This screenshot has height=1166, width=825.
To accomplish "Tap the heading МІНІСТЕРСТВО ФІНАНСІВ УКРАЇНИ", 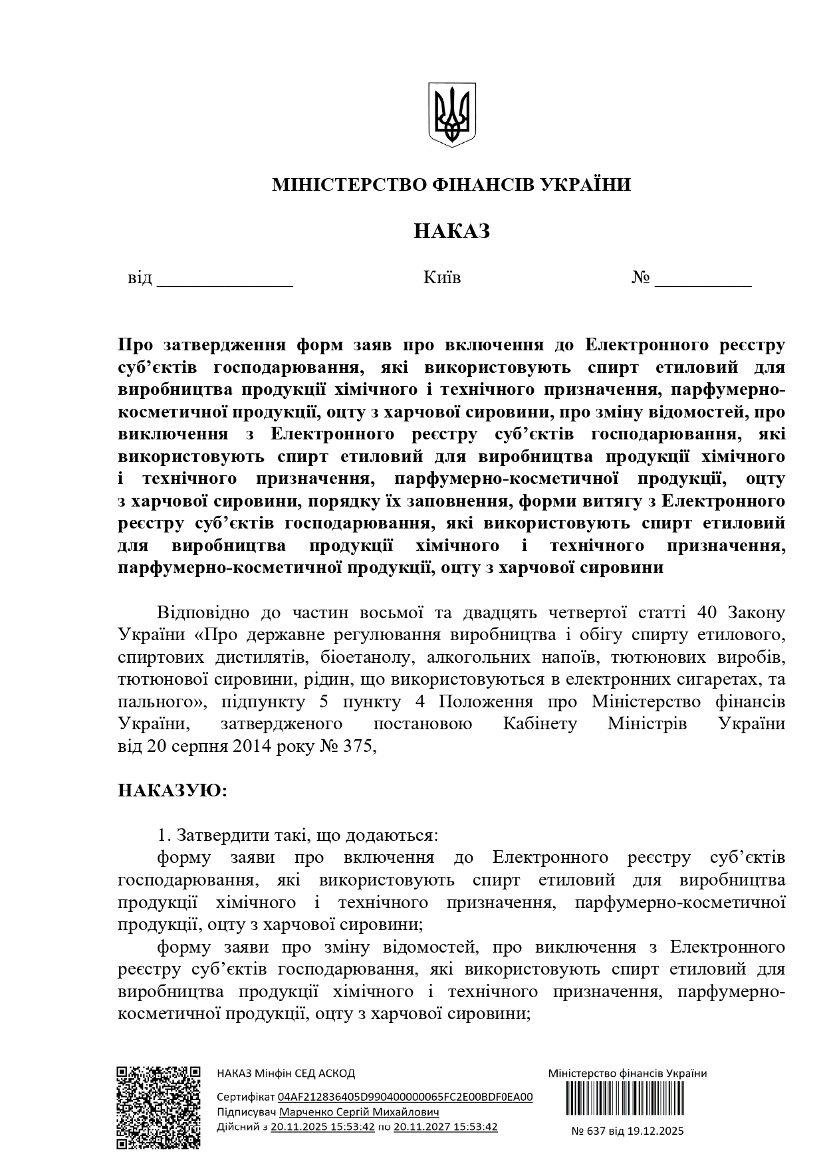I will (x=451, y=184).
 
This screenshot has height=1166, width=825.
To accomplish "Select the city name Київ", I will (x=441, y=277).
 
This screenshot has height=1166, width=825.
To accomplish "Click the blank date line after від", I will (x=225, y=279).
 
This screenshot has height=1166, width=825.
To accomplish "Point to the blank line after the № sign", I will (x=703, y=279).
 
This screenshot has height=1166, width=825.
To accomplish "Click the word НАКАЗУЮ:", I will (x=173, y=790).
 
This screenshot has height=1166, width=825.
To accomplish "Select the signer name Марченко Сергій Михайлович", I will (x=359, y=1112).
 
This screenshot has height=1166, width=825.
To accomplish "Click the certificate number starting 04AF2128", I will (x=405, y=1097).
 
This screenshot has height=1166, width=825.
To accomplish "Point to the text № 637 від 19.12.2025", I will (x=628, y=1131).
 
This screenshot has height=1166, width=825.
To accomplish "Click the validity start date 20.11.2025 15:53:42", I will (x=322, y=1127).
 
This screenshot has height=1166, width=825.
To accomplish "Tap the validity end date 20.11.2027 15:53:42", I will (x=445, y=1127).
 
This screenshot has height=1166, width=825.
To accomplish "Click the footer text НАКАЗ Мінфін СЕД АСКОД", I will (x=286, y=1074).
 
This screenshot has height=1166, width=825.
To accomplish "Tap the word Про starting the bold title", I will (x=136, y=345).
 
